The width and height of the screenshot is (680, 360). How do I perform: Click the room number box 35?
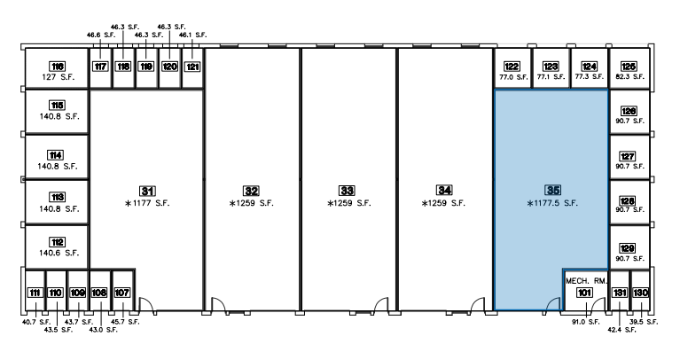553,190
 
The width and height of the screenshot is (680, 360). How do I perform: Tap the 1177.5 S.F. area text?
552,203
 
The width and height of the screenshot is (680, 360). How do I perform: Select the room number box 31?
147,191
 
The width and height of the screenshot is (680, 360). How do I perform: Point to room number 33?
347,191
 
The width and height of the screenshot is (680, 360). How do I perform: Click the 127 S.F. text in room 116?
59,77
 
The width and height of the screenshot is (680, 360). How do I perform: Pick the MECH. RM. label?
586,281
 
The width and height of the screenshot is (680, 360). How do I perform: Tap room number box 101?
584,293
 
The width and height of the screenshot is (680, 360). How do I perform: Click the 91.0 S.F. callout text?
585,322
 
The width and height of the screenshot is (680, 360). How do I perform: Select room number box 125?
629,67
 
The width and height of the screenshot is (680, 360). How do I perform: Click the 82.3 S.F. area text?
629,77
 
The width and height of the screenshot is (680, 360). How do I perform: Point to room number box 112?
58,242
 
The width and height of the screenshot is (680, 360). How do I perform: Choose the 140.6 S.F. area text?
59,253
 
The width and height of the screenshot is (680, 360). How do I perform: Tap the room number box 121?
192,67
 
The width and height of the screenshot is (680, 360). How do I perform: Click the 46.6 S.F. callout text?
100,35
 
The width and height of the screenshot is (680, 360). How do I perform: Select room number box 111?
35,293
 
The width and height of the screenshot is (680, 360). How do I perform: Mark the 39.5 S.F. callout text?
644,322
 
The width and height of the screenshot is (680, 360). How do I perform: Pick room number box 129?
628,248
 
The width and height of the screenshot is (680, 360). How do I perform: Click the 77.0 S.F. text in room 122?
513,77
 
